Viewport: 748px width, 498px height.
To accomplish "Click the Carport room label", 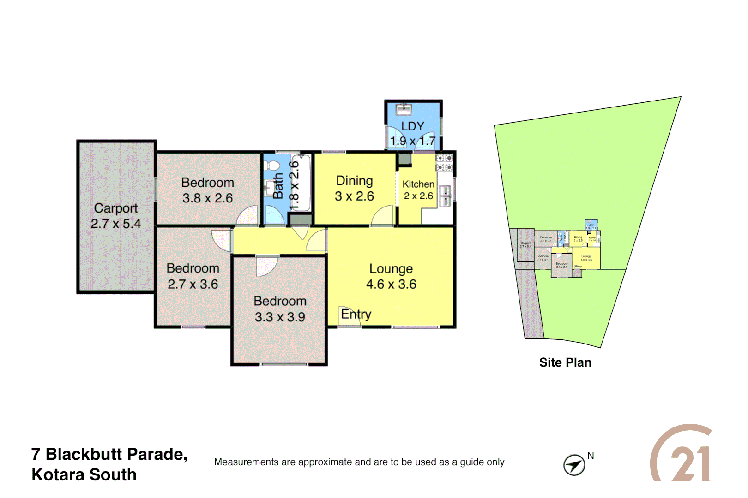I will tap(116, 208).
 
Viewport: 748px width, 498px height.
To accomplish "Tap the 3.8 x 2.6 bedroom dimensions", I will tap(207, 198).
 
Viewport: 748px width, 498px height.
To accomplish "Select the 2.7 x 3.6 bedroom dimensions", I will tap(193, 284).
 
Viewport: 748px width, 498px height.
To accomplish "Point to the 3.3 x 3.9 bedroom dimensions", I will tap(280, 317).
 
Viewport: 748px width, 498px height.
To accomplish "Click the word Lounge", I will tap(391, 269).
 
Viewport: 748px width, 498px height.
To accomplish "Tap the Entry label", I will tap(356, 314).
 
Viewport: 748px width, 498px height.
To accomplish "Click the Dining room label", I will tap(354, 181).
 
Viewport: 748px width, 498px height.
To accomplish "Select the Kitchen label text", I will tap(418, 184).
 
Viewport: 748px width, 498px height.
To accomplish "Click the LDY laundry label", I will tap(412, 126).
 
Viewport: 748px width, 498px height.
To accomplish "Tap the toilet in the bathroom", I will tap(272, 165).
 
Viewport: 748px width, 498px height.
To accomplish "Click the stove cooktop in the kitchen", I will tap(445, 163).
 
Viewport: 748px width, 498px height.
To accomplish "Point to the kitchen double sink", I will tap(445, 196).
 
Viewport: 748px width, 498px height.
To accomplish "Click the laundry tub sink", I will tap(404, 109).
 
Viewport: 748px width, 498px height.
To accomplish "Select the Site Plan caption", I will tap(565, 362).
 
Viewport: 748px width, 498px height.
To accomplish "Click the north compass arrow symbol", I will tap(574, 465).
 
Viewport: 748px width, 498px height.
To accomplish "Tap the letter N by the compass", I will tap(591, 456).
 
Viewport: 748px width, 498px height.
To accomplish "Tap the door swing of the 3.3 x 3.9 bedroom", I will tap(267, 267).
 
